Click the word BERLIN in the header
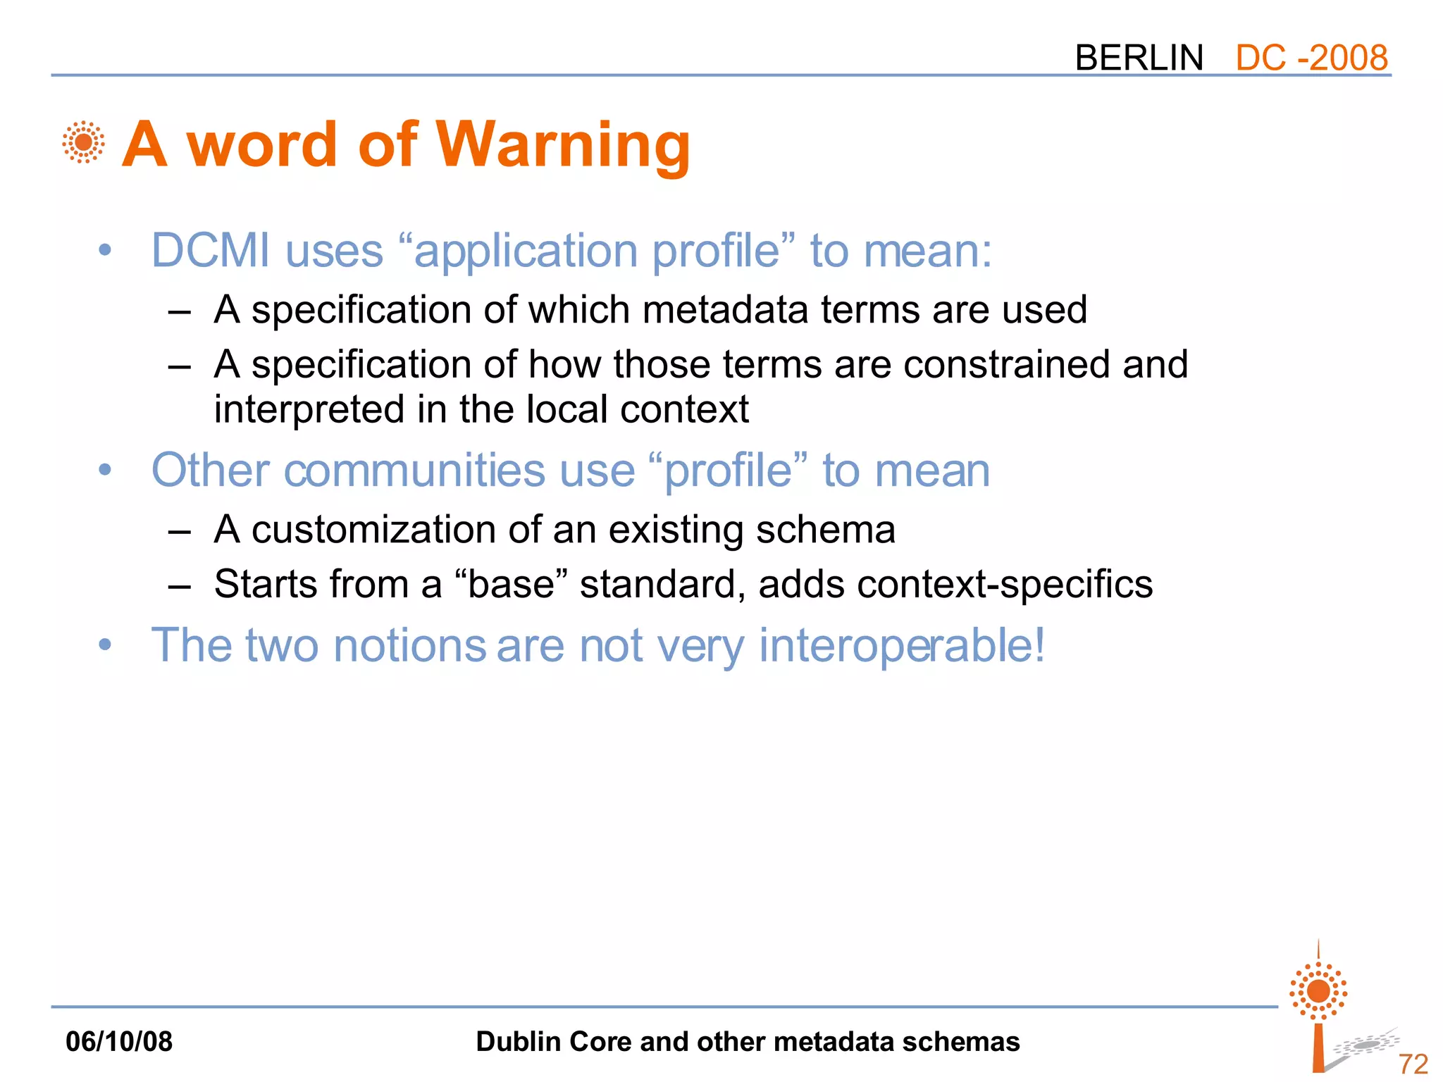pyautogui.click(x=1139, y=58)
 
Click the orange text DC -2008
pyautogui.click(x=1311, y=58)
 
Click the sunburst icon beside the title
pyautogui.click(x=83, y=142)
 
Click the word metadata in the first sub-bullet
pyautogui.click(x=726, y=310)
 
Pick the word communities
pyautogui.click(x=414, y=471)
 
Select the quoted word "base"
pyautogui.click(x=512, y=585)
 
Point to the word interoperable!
pyautogui.click(x=901, y=646)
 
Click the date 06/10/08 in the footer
pyautogui.click(x=118, y=1042)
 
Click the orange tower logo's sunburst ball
pyautogui.click(x=1318, y=991)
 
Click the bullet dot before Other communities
pyautogui.click(x=105, y=470)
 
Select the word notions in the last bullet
pyautogui.click(x=409, y=646)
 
